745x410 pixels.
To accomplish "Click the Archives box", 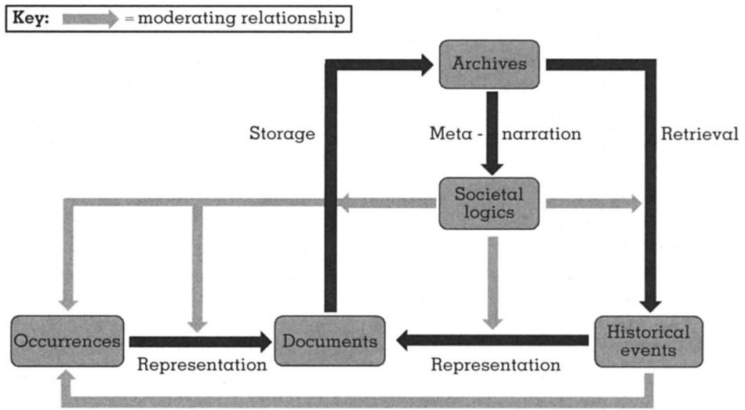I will point(489,64).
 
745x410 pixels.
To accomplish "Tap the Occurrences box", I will point(67,341).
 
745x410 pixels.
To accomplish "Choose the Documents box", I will point(329,341).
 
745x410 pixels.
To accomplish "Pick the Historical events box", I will point(648,341).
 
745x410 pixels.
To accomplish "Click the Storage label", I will point(282,134).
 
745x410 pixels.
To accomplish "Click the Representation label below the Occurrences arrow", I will point(202,365).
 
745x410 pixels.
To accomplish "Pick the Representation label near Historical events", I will point(496,365).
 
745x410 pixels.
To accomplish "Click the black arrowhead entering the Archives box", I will point(424,64).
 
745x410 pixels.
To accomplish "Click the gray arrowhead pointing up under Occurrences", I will point(67,379).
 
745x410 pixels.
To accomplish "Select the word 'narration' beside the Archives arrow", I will point(542,134).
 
